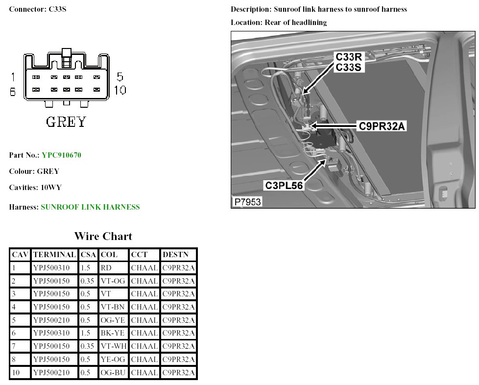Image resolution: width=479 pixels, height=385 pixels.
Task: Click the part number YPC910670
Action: [61, 155]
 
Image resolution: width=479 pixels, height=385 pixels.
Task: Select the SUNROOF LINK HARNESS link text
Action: [90, 207]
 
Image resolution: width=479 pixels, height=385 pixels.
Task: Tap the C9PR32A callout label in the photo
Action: [382, 126]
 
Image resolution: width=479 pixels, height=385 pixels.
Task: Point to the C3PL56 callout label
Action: [284, 185]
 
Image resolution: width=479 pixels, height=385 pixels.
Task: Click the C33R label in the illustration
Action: [348, 57]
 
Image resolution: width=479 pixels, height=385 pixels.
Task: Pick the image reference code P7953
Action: [247, 202]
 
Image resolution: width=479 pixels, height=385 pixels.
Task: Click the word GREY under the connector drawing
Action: [66, 121]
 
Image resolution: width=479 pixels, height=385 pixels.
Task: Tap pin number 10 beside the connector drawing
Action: [120, 90]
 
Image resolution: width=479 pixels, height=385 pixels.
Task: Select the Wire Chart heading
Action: [103, 236]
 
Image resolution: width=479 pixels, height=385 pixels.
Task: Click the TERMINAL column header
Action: [54, 255]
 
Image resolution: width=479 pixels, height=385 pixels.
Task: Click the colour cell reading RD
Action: [106, 268]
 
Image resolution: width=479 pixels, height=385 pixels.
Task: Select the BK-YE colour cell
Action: [112, 334]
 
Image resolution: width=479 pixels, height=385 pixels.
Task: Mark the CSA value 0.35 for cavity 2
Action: [87, 281]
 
